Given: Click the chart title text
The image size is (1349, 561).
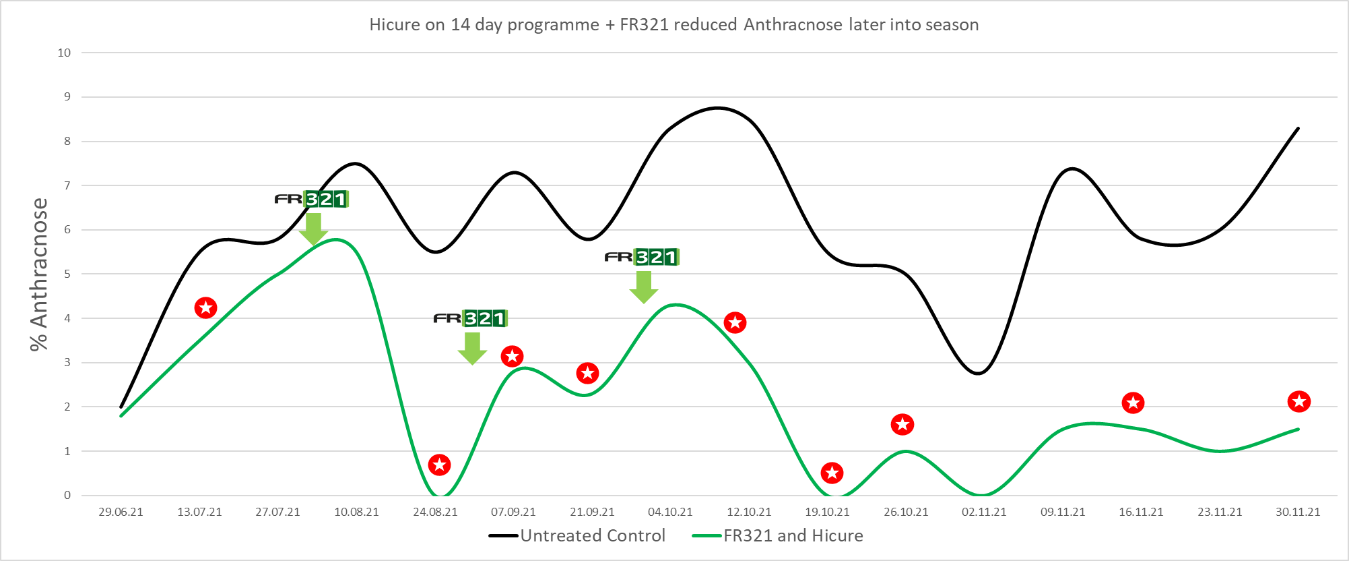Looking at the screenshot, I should [x=673, y=25].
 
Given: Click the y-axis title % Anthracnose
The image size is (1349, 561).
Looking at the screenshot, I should [x=39, y=274].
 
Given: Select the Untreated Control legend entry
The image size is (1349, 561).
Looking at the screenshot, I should [x=577, y=535].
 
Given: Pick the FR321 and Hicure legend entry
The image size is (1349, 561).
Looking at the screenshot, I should [x=778, y=535].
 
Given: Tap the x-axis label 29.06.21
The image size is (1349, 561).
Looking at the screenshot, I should [x=121, y=512].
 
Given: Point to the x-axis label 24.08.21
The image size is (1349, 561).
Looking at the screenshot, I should [x=435, y=512].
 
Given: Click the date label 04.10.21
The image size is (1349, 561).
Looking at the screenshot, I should [x=670, y=512].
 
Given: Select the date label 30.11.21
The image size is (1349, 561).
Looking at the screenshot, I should [x=1298, y=512].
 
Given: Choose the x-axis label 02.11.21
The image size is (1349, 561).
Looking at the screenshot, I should [x=984, y=512].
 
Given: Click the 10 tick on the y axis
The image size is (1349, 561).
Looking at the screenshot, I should [x=64, y=53].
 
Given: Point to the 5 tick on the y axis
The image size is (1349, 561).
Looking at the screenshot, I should [x=67, y=274].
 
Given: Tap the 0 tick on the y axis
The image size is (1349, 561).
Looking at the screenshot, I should [x=67, y=495].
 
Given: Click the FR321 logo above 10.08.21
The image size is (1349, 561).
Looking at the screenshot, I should [x=312, y=199].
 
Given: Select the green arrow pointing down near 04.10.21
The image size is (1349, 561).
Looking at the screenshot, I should [x=644, y=287].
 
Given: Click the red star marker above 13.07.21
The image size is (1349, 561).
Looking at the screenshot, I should [x=205, y=308].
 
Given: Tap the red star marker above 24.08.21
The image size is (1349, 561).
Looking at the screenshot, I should [x=439, y=465].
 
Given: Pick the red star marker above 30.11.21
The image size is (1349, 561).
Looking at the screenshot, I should [x=1298, y=402].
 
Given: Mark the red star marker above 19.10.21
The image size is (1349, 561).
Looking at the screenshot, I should [x=832, y=473].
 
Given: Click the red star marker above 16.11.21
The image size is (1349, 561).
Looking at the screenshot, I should [x=1133, y=403].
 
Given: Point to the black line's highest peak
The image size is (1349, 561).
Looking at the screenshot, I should [x=718, y=108].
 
